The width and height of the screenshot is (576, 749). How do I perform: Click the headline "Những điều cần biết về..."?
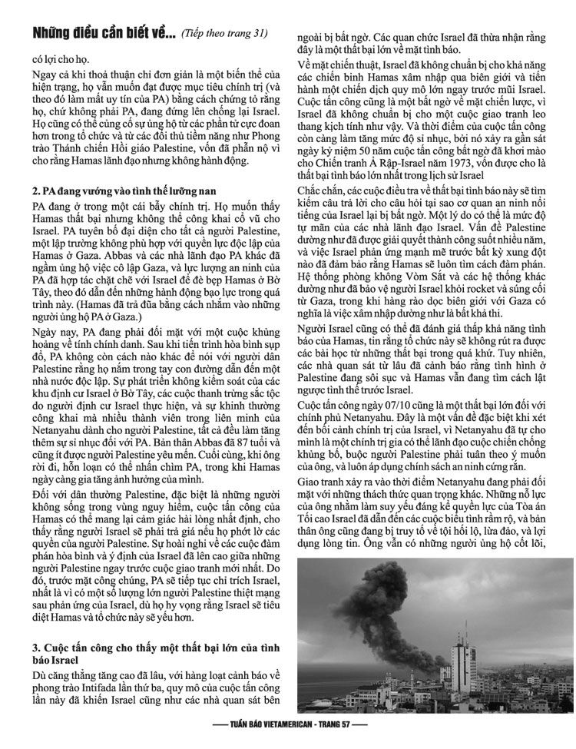point(104,33)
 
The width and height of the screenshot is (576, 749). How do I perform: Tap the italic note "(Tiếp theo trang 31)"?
point(224,34)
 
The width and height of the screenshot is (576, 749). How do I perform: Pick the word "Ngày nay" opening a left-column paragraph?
point(54,336)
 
